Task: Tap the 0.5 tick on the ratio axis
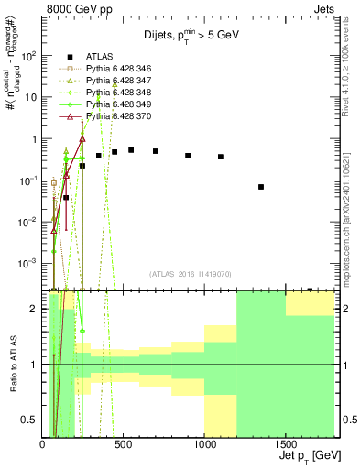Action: [29, 420]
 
